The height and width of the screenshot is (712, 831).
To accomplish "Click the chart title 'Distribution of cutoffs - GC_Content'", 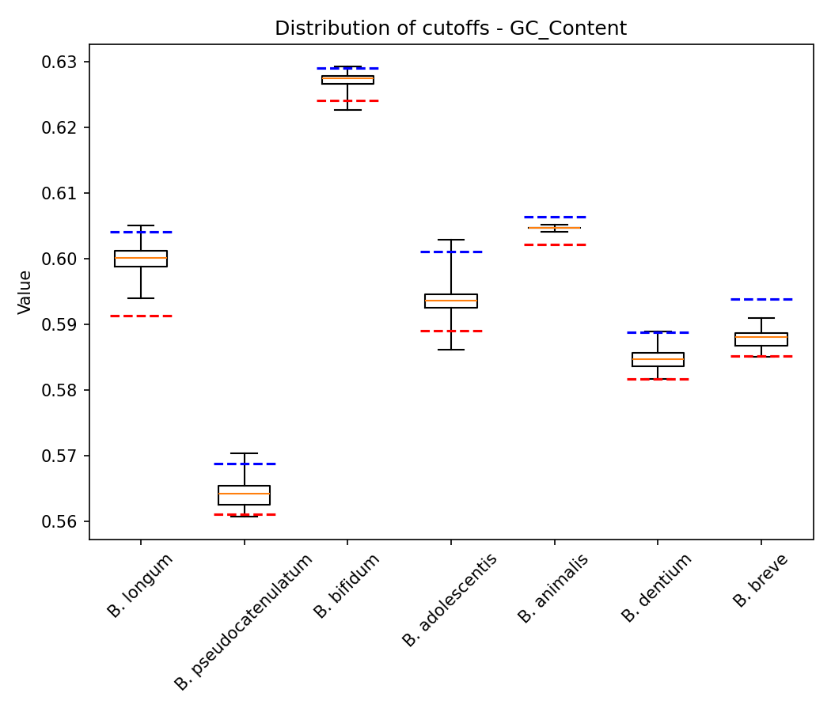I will [450, 29].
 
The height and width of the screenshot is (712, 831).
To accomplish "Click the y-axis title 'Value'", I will [25, 292].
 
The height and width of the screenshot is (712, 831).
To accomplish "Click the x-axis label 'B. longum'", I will [141, 585].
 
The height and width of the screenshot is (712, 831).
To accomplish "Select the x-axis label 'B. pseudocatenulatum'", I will [244, 622].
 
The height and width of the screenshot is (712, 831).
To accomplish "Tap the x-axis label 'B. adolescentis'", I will [450, 600].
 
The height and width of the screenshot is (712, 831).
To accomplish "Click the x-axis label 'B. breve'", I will [761, 581].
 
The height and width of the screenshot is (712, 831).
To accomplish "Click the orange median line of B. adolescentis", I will [451, 301].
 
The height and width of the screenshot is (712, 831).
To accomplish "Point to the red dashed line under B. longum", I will [141, 316].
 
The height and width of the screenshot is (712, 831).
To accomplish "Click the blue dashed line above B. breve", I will [761, 299].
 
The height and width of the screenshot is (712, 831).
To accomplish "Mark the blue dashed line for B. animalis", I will [555, 216].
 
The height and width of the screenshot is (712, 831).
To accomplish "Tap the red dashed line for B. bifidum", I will [347, 100].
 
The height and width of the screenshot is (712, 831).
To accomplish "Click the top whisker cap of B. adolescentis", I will [451, 240].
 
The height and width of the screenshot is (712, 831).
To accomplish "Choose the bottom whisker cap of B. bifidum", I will [347, 110].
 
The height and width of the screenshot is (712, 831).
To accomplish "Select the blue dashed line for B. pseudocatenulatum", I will [244, 464].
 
